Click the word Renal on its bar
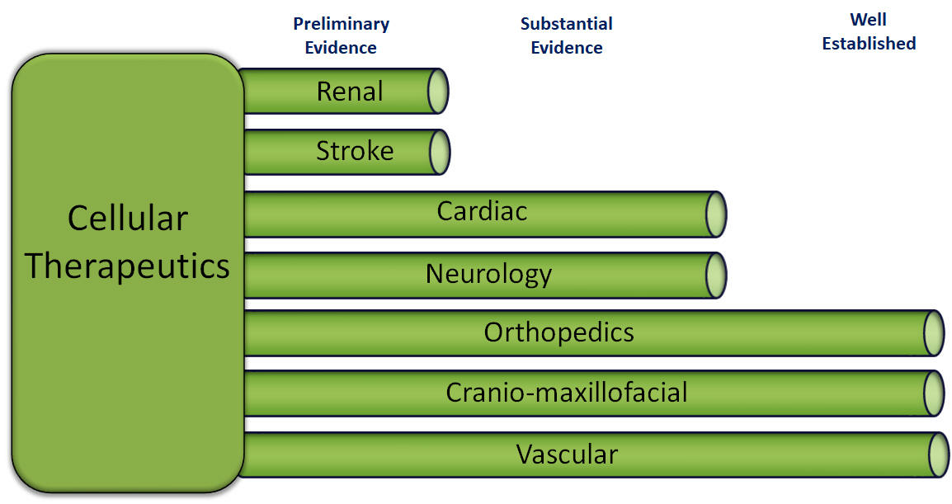[x=350, y=92]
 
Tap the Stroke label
[x=355, y=151]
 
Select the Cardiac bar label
[x=482, y=211]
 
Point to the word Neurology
[x=488, y=275]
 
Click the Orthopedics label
[x=558, y=332]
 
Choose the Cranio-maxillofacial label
[x=567, y=393]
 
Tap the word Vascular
[x=567, y=455]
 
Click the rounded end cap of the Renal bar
[x=438, y=91]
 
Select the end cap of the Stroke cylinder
[x=440, y=152]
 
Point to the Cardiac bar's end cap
[x=716, y=214]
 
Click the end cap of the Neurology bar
[x=716, y=276]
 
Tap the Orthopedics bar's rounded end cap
[x=935, y=333]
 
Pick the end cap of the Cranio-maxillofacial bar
[x=935, y=393]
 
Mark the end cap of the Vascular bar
[x=940, y=455]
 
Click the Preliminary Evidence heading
[x=341, y=35]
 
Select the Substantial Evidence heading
[x=567, y=35]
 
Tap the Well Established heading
[x=869, y=31]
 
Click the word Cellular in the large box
[x=128, y=218]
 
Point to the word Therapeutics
[x=128, y=266]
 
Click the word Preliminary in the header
[x=342, y=24]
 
